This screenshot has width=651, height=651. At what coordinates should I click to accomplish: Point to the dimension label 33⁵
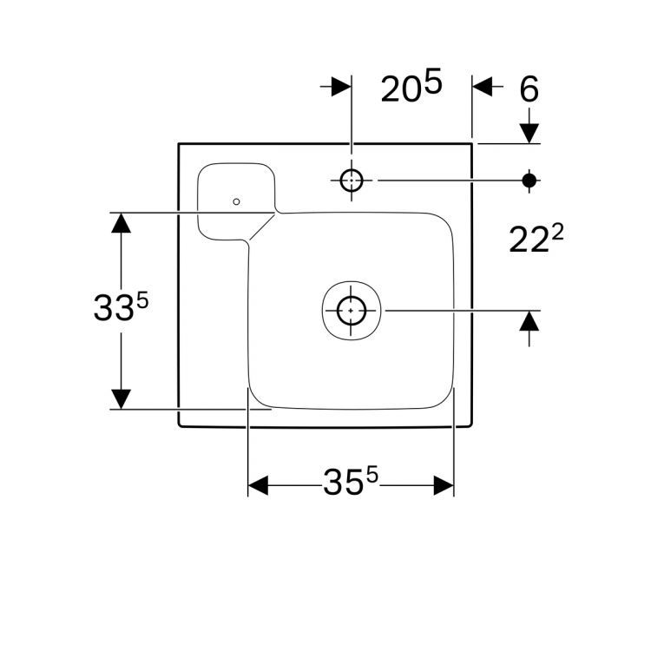[x=122, y=307]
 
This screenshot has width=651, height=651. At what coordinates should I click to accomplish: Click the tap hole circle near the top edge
[x=352, y=180]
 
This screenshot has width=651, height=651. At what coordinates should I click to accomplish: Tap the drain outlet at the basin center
[x=351, y=309]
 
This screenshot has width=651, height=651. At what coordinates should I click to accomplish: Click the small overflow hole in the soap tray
[x=236, y=201]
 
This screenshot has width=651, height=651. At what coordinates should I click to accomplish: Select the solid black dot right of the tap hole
[x=529, y=180]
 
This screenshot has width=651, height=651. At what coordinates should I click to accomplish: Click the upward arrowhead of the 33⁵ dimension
[x=122, y=223]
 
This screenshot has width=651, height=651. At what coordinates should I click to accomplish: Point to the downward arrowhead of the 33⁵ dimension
[x=122, y=398]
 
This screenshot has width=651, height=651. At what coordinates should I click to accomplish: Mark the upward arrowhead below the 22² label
[x=529, y=321]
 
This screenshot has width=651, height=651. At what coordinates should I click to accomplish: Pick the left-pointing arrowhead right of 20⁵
[x=483, y=88]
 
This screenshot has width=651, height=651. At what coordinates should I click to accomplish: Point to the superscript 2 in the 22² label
[x=558, y=232]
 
